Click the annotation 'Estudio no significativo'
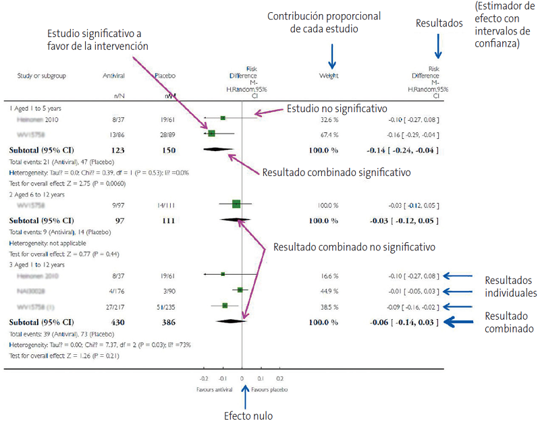[337, 109]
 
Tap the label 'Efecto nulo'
[246, 415]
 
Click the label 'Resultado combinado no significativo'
[354, 246]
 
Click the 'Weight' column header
[329, 76]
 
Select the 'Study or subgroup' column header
[42, 76]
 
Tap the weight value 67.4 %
[329, 134]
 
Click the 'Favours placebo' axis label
[270, 390]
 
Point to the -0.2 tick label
[205, 379]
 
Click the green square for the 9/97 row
[236, 203]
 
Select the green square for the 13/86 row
[212, 134]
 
